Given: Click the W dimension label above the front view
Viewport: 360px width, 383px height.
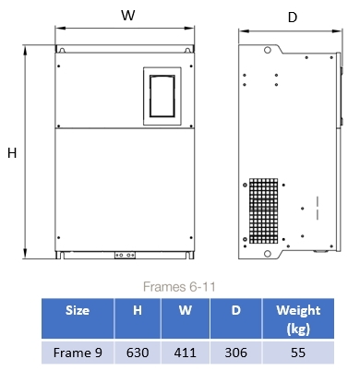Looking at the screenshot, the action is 128,15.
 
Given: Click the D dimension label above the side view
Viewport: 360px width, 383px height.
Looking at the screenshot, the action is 293,18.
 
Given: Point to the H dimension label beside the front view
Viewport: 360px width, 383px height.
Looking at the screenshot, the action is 12,153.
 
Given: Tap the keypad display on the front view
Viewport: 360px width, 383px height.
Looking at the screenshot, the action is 162,96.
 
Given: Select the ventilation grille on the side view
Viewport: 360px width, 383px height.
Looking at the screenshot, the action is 264,211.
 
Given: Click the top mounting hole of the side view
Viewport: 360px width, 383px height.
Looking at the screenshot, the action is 268,50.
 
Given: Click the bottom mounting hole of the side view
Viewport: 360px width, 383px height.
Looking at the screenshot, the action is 268,254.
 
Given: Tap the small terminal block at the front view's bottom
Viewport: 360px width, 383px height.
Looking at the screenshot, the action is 125,256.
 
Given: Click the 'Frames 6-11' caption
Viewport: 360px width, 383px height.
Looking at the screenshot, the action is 179,287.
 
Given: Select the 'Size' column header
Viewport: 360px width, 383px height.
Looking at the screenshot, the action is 78,310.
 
